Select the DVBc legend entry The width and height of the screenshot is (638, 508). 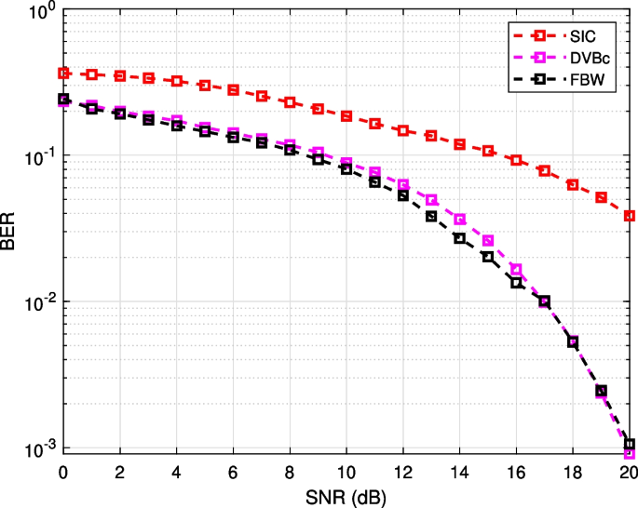[x=591, y=58]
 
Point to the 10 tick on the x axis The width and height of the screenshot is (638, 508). [x=346, y=470]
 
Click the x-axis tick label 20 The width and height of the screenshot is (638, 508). [x=629, y=470]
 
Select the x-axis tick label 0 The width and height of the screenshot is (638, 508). [x=63, y=470]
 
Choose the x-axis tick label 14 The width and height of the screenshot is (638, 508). [x=459, y=470]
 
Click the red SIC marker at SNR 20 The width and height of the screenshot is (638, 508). [x=630, y=216]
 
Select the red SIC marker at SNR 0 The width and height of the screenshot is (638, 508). [x=63, y=73]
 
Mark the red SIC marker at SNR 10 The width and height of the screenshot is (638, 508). [x=346, y=116]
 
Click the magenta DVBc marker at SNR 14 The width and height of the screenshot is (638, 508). [x=460, y=220]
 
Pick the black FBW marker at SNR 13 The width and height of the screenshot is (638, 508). [x=431, y=216]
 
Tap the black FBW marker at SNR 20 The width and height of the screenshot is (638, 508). [x=630, y=445]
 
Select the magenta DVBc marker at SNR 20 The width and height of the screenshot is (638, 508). [x=630, y=453]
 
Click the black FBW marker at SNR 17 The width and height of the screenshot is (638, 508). [x=545, y=301]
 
